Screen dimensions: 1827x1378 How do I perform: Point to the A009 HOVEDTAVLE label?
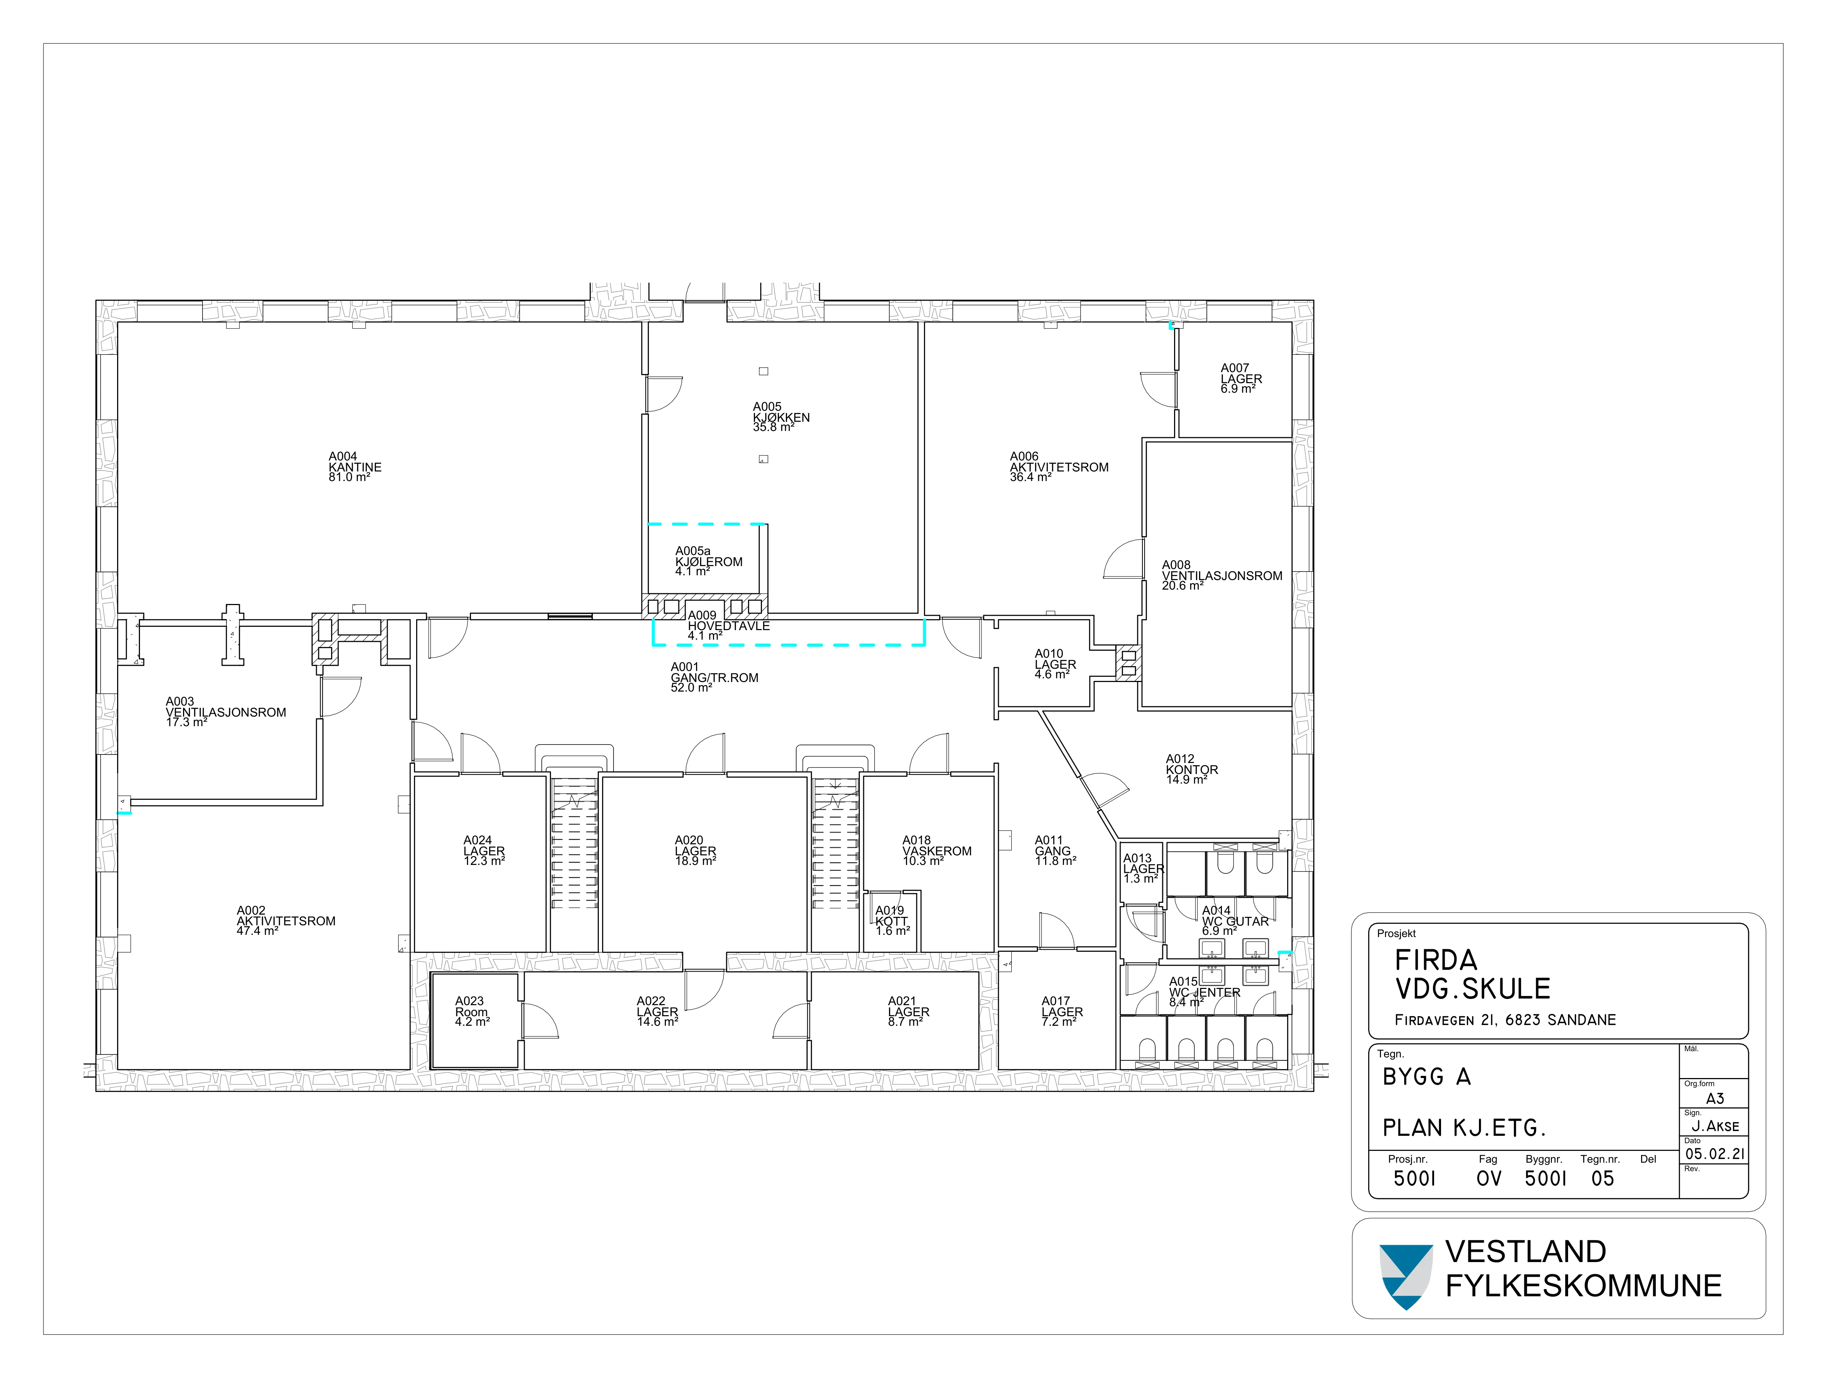(728, 626)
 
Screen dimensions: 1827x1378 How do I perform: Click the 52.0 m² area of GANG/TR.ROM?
(691, 688)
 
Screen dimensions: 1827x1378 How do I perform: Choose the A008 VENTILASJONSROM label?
(1222, 576)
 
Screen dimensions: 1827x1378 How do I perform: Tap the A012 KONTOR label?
(1191, 770)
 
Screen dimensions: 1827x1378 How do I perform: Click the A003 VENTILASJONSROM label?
(225, 712)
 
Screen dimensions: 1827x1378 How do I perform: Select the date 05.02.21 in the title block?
(1715, 1153)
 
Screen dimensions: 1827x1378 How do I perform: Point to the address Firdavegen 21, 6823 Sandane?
(1505, 1020)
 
